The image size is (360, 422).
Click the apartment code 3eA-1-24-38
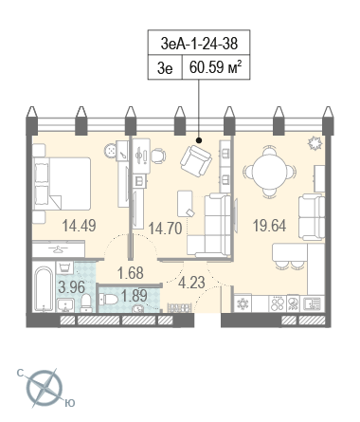pyautogui.click(x=199, y=44)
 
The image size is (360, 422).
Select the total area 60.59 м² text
pyautogui.click(x=216, y=66)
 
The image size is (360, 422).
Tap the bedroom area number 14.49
pyautogui.click(x=79, y=226)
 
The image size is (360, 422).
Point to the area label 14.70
pyautogui.click(x=165, y=229)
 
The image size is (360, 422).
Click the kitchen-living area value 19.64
pyautogui.click(x=269, y=226)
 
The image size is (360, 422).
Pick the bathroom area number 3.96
pyautogui.click(x=72, y=287)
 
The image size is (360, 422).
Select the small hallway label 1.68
pyautogui.click(x=131, y=273)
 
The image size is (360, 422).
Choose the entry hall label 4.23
pyautogui.click(x=191, y=283)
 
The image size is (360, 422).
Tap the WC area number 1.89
pyautogui.click(x=135, y=296)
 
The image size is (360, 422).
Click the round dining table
pyautogui.click(x=269, y=172)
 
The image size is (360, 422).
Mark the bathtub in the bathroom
pyautogui.click(x=44, y=289)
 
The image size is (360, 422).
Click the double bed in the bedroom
pyautogui.click(x=62, y=184)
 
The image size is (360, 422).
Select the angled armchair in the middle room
pyautogui.click(x=196, y=160)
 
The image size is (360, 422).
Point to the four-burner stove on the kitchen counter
pyautogui.click(x=277, y=303)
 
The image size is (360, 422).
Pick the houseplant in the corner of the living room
pyautogui.click(x=315, y=143)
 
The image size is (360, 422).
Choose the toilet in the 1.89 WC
pyautogui.click(x=107, y=299)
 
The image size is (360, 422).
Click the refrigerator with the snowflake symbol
pyautogui.click(x=243, y=303)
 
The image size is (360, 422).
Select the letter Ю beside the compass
pyautogui.click(x=70, y=403)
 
